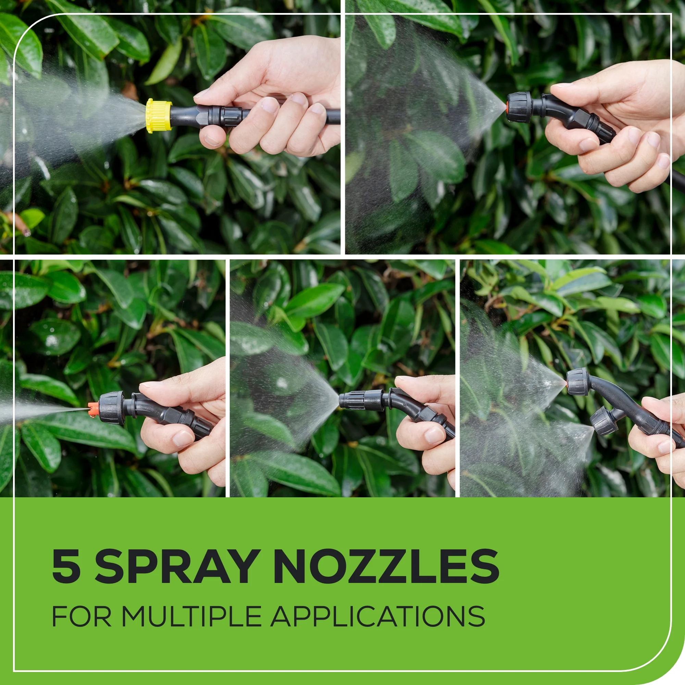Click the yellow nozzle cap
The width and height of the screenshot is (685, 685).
pyautogui.click(x=159, y=115)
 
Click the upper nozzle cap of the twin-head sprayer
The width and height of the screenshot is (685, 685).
pyautogui.click(x=577, y=382)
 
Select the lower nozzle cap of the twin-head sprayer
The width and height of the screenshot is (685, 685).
pyautogui.click(x=604, y=422)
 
